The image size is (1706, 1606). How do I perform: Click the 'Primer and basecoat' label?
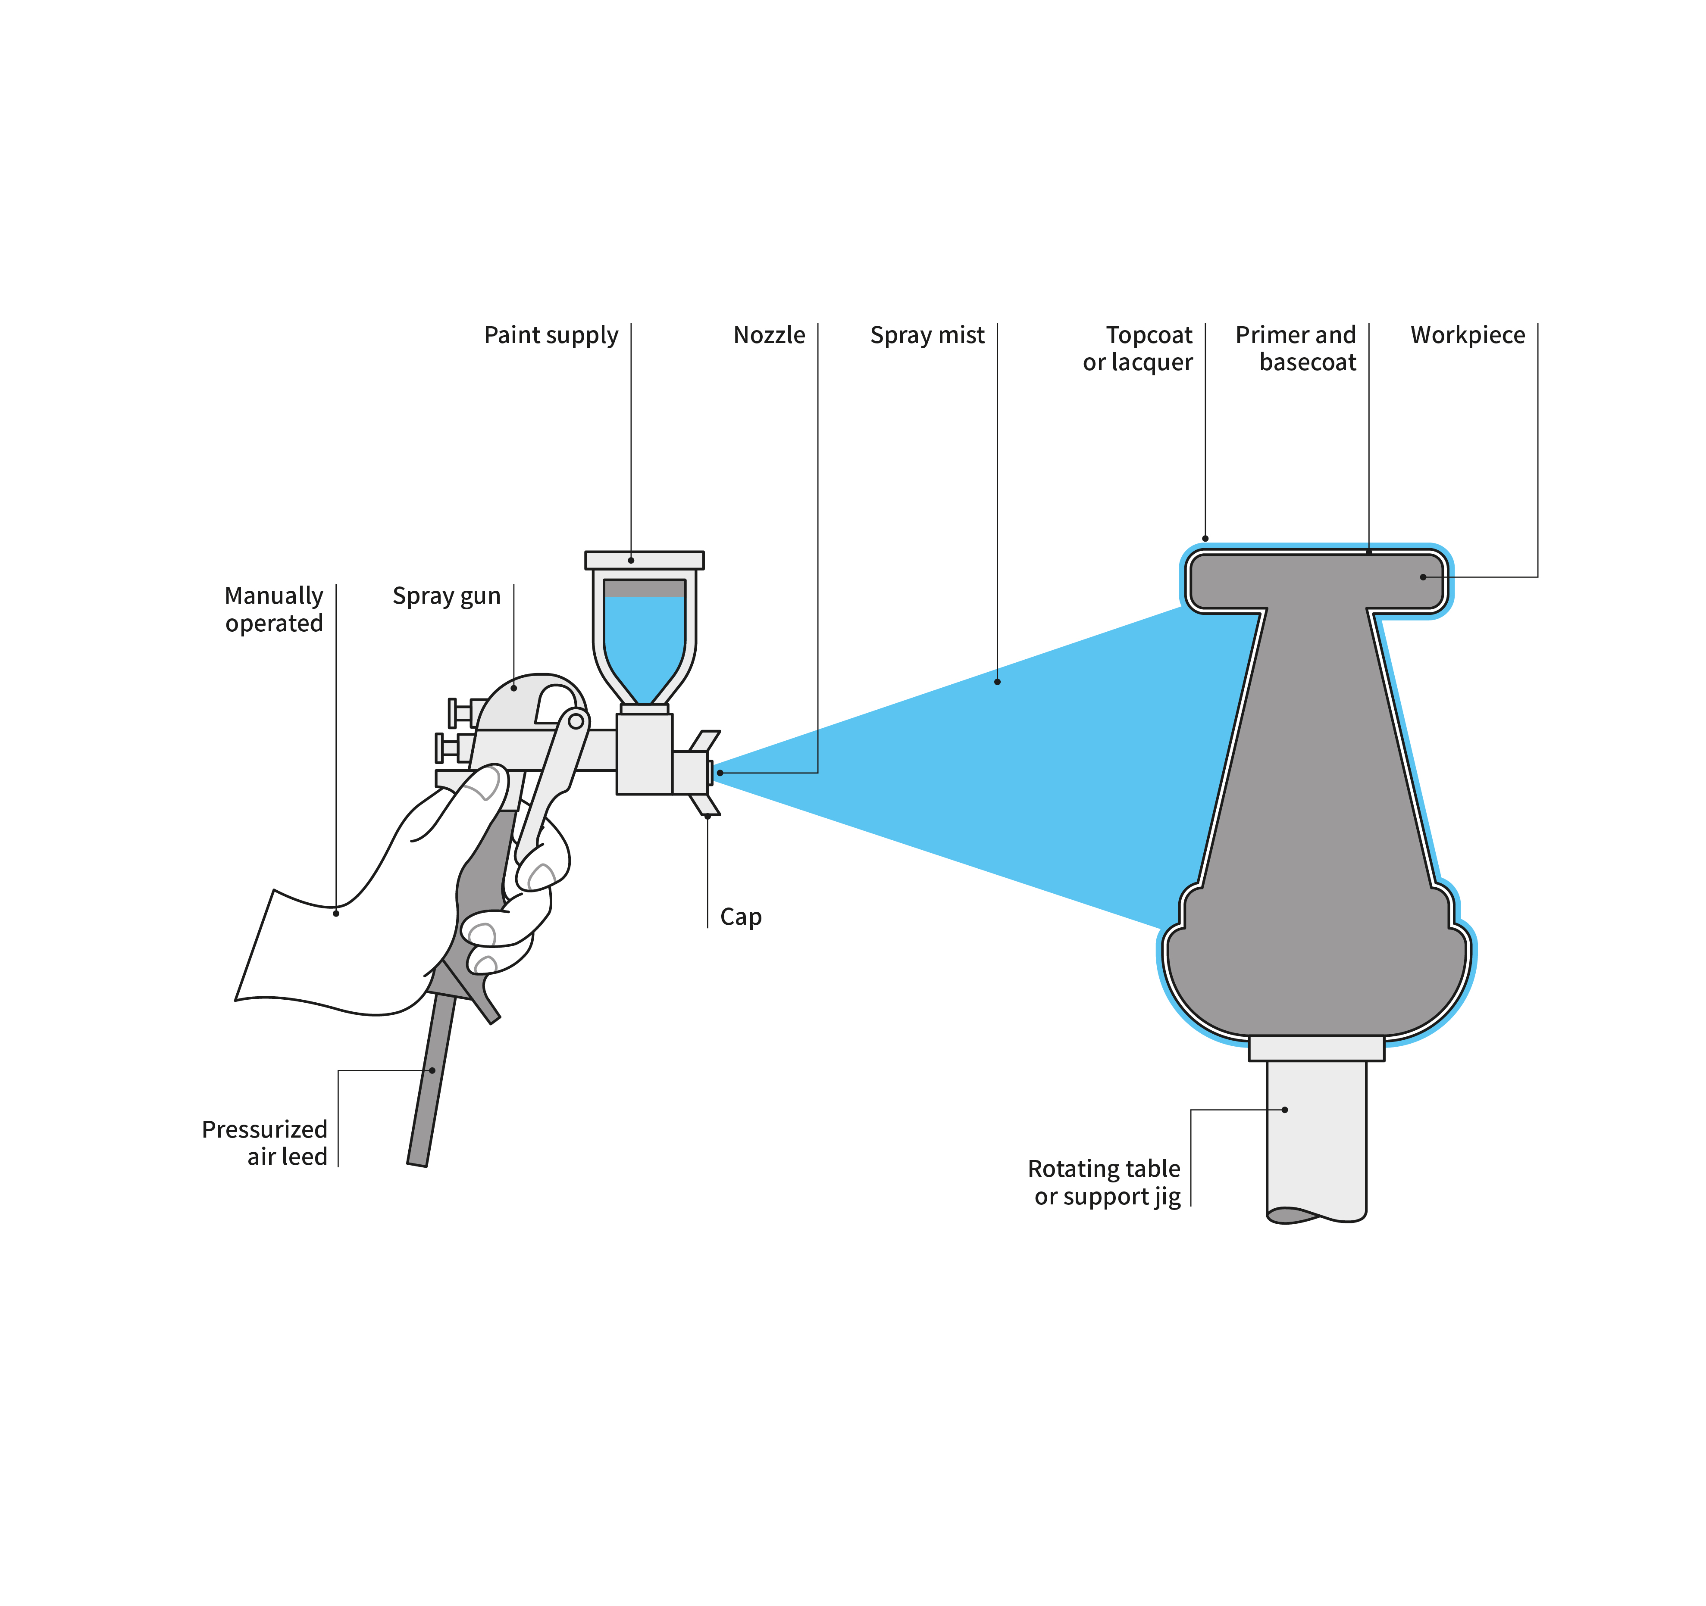click(1296, 348)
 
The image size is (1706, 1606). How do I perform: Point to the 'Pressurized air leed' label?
click(264, 1143)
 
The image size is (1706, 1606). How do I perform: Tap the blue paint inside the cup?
click(644, 643)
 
